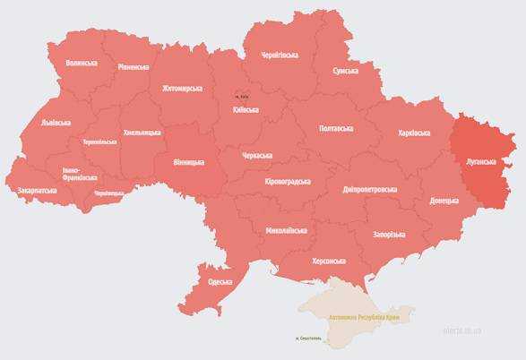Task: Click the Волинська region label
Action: [82, 64]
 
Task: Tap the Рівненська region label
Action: [134, 67]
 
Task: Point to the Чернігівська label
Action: [280, 55]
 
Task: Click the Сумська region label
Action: [346, 71]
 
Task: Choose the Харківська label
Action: [414, 133]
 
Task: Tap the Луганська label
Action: [482, 162]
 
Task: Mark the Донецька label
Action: [444, 201]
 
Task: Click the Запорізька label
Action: [387, 235]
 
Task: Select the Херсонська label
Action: [328, 261]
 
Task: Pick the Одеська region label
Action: [220, 282]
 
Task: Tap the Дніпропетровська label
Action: [369, 190]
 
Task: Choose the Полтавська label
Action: [336, 129]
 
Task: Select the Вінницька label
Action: [189, 162]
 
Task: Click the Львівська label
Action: [56, 123]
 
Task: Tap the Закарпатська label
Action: [37, 191]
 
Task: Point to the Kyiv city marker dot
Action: [237, 96]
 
